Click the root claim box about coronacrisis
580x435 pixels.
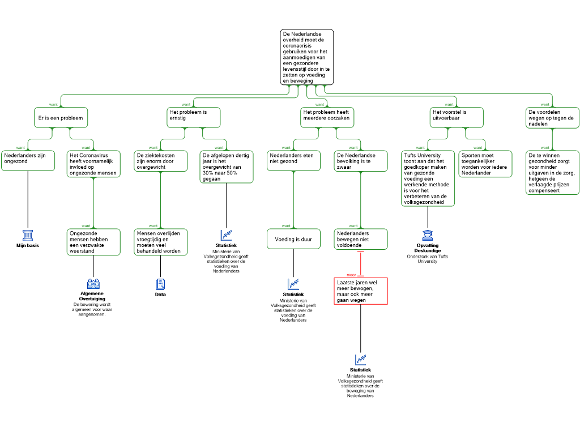306,57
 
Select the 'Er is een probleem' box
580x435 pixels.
61,118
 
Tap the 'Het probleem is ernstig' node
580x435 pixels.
194,118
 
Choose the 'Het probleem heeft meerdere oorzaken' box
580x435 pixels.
327,118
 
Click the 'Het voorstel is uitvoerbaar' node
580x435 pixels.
457,118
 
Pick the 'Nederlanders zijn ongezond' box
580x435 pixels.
28,160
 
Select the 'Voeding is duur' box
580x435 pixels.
294,239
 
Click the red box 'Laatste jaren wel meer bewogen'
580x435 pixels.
361,291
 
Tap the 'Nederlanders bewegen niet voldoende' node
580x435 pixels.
361,240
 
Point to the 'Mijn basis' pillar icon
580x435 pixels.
28,235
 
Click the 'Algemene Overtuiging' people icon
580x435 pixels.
93,284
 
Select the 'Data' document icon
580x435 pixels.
160,284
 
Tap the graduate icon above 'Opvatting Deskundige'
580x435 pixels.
428,235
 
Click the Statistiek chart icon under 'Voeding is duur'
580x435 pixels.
293,284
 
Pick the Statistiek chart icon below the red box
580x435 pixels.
360,360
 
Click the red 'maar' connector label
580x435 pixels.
351,275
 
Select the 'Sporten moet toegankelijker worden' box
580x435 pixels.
485,164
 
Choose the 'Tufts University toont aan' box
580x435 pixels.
428,178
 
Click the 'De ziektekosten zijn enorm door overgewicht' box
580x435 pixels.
160,161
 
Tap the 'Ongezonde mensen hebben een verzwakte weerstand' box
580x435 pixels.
93,242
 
